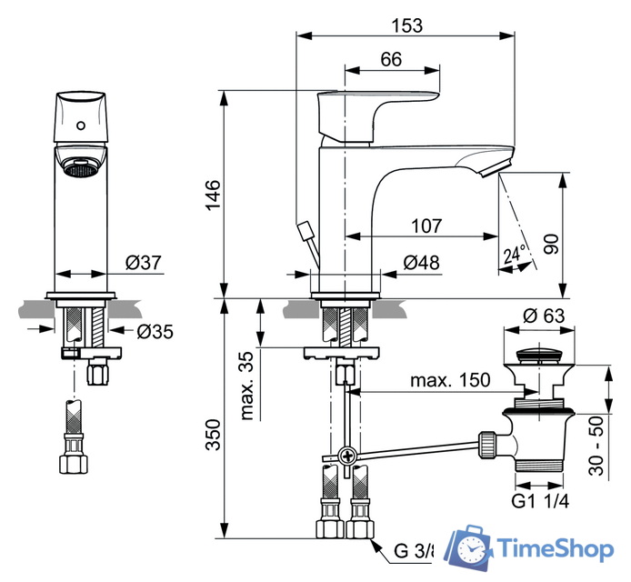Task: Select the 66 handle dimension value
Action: coord(391,59)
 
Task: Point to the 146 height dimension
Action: coord(211,196)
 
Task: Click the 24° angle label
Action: coord(516,256)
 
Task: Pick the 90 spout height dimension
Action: coord(549,241)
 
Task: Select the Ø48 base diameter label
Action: coord(421,263)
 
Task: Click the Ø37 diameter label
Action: coord(144,263)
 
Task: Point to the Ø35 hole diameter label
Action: coord(155,332)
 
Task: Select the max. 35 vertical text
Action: coord(246,386)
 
